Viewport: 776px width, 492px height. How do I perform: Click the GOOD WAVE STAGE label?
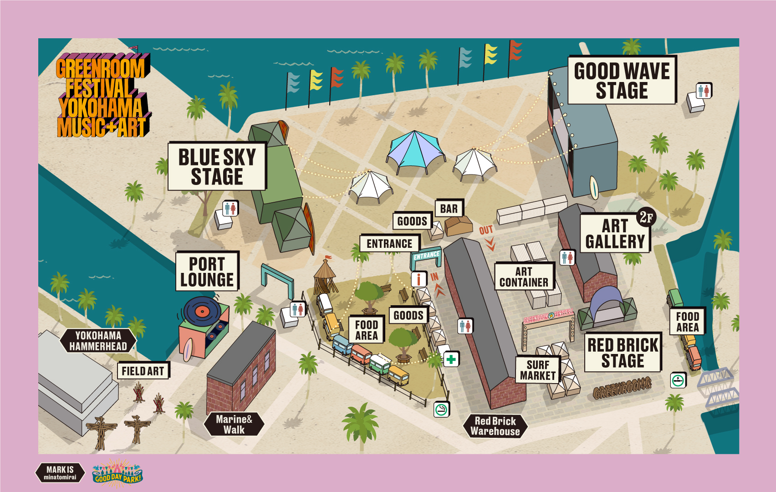click(622, 80)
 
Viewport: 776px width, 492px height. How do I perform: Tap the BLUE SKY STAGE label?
click(217, 166)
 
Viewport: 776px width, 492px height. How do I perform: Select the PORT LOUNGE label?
click(207, 272)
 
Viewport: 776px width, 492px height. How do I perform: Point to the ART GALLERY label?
click(615, 233)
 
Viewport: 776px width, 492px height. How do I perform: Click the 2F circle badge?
click(646, 217)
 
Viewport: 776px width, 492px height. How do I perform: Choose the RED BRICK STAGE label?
click(623, 352)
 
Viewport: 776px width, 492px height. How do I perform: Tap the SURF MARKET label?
click(538, 370)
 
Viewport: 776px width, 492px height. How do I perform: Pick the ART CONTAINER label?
click(524, 277)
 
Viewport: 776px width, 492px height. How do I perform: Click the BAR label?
click(449, 209)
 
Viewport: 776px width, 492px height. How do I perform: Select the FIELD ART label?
click(143, 371)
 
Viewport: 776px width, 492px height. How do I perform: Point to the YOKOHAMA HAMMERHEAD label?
click(98, 341)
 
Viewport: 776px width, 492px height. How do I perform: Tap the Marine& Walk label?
click(234, 424)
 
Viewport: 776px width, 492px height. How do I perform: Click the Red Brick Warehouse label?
click(495, 426)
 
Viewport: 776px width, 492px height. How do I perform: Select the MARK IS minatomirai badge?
click(60, 472)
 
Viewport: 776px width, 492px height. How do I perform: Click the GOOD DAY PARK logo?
click(117, 474)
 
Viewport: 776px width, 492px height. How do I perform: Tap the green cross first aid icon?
click(451, 359)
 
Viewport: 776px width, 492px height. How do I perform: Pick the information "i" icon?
click(419, 279)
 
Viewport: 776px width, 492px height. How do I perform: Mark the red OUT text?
click(486, 230)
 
